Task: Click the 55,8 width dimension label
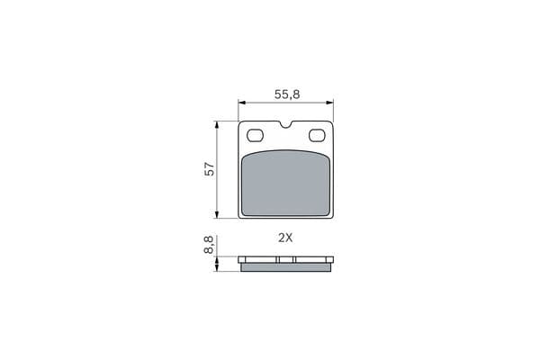pyautogui.click(x=287, y=94)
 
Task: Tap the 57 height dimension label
pyautogui.click(x=210, y=169)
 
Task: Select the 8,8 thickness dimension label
pyautogui.click(x=209, y=245)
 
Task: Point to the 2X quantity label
pyautogui.click(x=285, y=238)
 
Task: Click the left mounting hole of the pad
pyautogui.click(x=256, y=135)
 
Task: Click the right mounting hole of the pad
pyautogui.click(x=317, y=135)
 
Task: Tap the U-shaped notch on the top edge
pyautogui.click(x=286, y=125)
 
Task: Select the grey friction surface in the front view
pyautogui.click(x=286, y=184)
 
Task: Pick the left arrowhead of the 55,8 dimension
pyautogui.click(x=242, y=103)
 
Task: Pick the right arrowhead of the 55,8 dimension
pyautogui.click(x=330, y=103)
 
